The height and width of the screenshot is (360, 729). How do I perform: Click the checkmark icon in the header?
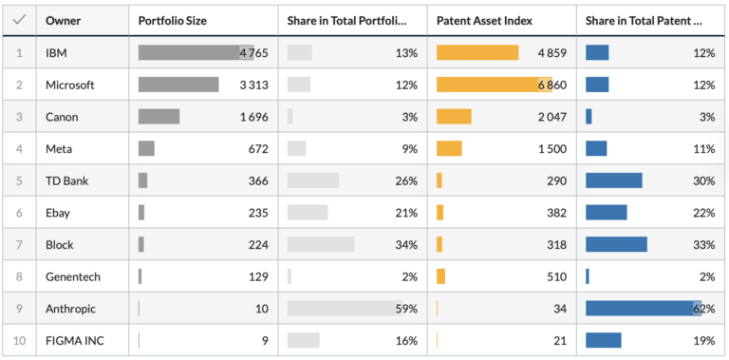(19, 20)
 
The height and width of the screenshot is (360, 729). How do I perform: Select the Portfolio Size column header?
(173, 21)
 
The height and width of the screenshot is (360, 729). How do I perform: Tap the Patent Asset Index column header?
(484, 21)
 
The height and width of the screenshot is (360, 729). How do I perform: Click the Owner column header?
(63, 21)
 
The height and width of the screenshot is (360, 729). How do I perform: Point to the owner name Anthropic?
(70, 309)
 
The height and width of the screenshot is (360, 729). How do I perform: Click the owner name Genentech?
(72, 276)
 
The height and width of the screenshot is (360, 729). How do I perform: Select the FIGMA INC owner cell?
(74, 340)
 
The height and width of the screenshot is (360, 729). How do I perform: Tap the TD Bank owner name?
(67, 180)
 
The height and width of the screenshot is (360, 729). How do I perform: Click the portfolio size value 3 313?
(253, 85)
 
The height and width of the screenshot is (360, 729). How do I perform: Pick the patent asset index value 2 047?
(552, 117)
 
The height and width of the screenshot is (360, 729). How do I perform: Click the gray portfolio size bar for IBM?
(196, 52)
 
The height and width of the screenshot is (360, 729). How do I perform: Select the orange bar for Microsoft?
(495, 85)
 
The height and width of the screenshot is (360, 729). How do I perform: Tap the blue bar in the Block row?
(616, 244)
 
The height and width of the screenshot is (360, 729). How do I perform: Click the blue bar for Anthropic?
(644, 309)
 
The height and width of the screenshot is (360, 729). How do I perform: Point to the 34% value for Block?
(406, 245)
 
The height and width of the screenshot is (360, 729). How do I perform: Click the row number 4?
(19, 149)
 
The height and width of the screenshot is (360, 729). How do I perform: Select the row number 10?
(19, 340)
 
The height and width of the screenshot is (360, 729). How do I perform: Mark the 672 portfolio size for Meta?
(258, 149)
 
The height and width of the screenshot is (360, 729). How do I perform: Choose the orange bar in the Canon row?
(454, 117)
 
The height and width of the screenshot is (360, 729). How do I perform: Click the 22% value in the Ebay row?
(704, 213)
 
